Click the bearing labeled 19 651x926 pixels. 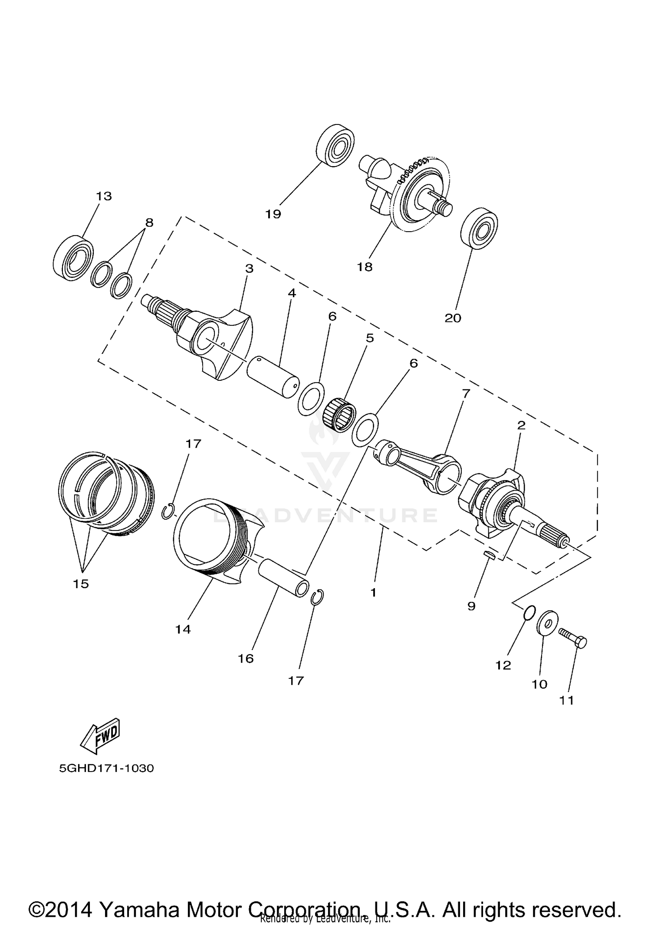(336, 145)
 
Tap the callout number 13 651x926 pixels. (104, 196)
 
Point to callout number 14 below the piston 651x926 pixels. (183, 629)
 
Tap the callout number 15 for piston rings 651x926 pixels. (81, 584)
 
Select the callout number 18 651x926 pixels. (365, 267)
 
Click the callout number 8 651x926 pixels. (149, 223)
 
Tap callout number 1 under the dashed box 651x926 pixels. (373, 592)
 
